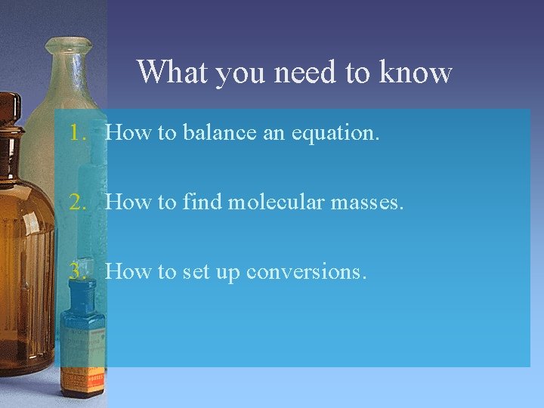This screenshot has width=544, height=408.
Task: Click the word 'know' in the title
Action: coord(416,73)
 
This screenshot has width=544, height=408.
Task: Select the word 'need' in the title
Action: coord(301,73)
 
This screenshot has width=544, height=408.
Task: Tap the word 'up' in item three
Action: coord(227,272)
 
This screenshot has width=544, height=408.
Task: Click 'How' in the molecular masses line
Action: coord(128,202)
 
